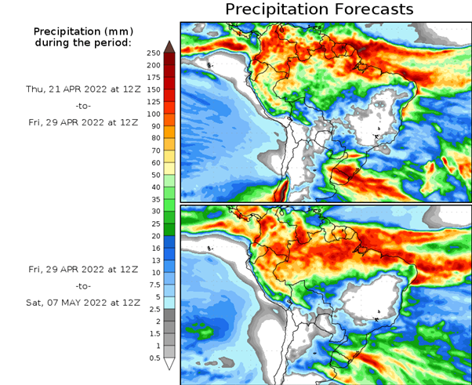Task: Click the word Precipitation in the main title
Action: tap(274, 9)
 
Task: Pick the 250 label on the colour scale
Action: tap(153, 53)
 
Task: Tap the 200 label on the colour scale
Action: tap(153, 65)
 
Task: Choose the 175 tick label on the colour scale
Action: tap(153, 77)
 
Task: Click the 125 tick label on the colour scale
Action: tap(153, 101)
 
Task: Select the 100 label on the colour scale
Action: tap(153, 114)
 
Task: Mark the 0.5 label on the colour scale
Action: tap(154, 358)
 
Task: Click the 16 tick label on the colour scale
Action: tap(155, 248)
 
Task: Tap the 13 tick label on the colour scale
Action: tap(155, 260)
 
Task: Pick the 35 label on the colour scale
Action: tap(155, 199)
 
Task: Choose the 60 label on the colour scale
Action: tap(155, 162)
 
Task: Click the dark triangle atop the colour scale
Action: tap(169, 46)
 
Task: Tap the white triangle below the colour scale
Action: tap(169, 365)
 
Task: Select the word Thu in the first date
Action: tap(34, 89)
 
